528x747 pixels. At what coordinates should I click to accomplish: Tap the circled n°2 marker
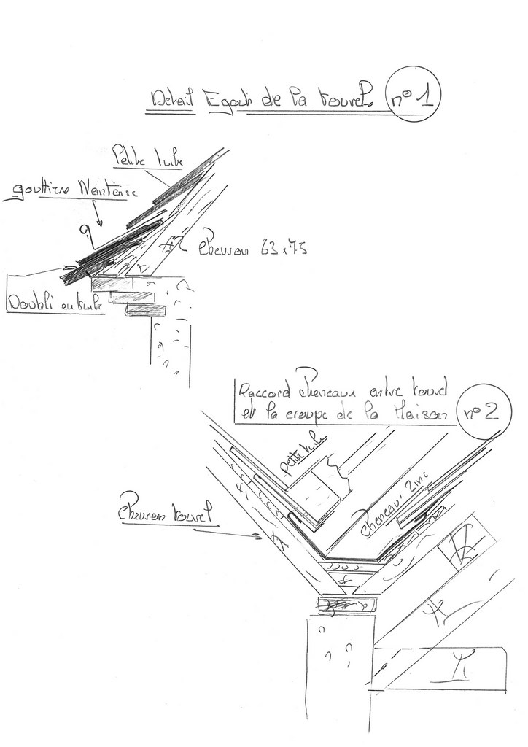coord(480,413)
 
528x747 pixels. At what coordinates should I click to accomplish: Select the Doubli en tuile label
coord(53,302)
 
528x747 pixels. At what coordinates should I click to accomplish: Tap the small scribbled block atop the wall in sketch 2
coord(346,605)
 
